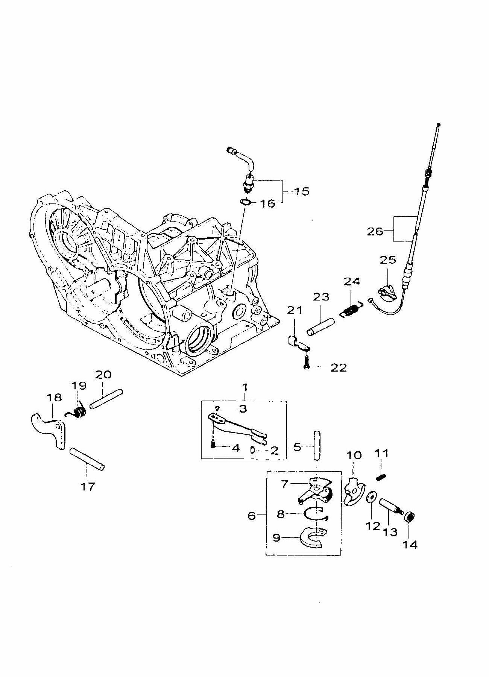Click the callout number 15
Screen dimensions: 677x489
tap(301, 191)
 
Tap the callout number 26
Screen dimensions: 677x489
tap(375, 231)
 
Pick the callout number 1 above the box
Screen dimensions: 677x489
tap(245, 387)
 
